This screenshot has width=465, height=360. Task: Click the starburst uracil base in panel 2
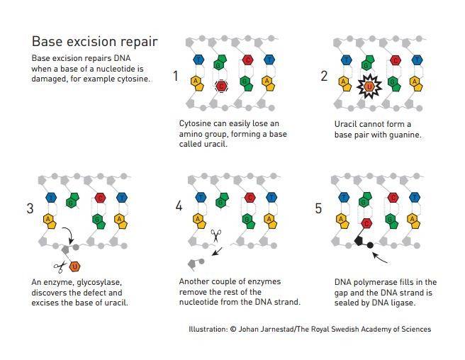(369, 86)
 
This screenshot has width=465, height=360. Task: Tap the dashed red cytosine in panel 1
(221, 86)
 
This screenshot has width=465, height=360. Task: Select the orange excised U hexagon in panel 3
(74, 266)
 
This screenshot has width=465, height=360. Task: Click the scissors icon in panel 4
(216, 236)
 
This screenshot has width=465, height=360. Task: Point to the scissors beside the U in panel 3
(60, 266)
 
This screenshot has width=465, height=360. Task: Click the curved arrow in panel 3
(70, 235)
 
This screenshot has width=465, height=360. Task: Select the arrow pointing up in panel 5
(380, 258)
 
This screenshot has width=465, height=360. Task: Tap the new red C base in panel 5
(366, 223)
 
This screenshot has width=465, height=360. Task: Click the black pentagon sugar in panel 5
(359, 241)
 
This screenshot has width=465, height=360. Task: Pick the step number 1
(176, 76)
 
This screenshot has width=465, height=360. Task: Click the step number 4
(179, 206)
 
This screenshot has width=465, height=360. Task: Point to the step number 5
(318, 208)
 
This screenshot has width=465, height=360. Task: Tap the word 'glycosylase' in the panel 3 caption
(99, 282)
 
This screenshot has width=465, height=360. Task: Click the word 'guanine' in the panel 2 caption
(405, 135)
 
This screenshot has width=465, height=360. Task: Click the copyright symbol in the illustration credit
(233, 329)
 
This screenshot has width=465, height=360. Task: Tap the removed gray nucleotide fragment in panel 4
(196, 263)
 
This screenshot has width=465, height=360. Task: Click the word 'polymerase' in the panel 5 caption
(374, 282)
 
